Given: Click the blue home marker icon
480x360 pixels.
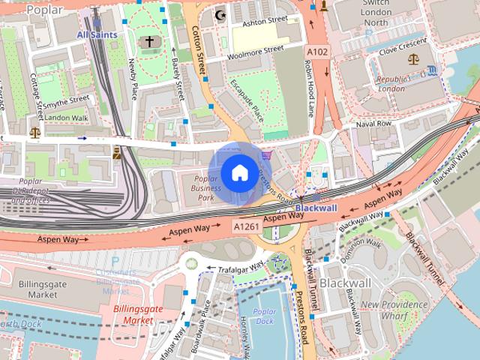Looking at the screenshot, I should pyautogui.click(x=238, y=173).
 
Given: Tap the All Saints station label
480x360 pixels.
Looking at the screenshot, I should pyautogui.click(x=97, y=34).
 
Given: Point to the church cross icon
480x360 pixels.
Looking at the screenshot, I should pyautogui.click(x=149, y=42).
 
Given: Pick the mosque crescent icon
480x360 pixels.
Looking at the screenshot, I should pyautogui.click(x=220, y=14).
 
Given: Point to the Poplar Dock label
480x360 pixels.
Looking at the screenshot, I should pyautogui.click(x=264, y=316).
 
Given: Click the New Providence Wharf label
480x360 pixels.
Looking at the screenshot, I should pyautogui.click(x=394, y=310).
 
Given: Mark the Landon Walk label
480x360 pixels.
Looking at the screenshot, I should pyautogui.click(x=66, y=118).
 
